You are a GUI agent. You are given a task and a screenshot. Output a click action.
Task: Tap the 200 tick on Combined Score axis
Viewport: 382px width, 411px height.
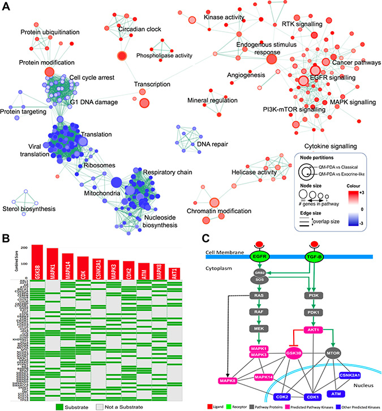(23, 248)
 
